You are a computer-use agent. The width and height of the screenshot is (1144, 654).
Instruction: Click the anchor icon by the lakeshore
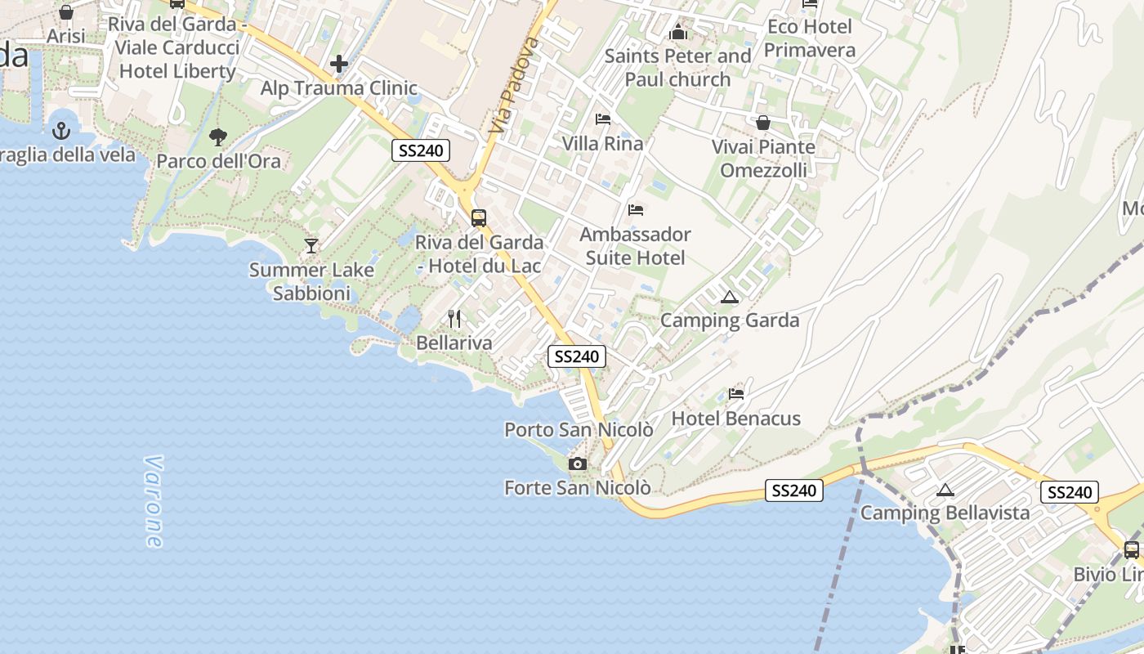(60, 130)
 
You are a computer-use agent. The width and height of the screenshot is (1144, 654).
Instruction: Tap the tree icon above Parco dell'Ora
(217, 137)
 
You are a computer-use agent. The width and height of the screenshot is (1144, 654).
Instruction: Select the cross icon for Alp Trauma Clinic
(338, 63)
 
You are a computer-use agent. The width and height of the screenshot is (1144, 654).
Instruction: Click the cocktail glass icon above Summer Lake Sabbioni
(311, 245)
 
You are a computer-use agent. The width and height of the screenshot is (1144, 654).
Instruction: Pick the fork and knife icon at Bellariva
(454, 319)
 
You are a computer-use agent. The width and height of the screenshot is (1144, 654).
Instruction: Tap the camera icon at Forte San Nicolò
(577, 464)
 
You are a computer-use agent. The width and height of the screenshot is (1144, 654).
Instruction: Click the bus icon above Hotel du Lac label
(479, 218)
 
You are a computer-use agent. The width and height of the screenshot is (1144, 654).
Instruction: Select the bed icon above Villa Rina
(602, 119)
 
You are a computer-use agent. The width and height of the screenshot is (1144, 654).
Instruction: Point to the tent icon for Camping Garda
(729, 297)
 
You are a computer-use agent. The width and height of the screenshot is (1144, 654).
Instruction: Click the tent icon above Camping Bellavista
(945, 490)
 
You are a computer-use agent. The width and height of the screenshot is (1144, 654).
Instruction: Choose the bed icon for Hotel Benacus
(735, 394)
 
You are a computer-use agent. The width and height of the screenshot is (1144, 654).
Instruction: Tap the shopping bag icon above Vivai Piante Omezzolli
(762, 123)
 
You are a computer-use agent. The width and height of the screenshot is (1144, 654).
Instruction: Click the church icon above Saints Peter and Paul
(677, 33)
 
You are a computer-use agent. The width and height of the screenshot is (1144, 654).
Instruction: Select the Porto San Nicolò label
(579, 429)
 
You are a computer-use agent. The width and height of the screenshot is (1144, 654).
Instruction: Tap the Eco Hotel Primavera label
(810, 38)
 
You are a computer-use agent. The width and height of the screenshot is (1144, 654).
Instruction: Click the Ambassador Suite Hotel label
(635, 246)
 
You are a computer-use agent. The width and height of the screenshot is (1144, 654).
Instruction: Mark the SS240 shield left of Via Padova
(421, 150)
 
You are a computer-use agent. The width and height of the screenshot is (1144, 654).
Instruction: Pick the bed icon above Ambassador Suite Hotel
(635, 210)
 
